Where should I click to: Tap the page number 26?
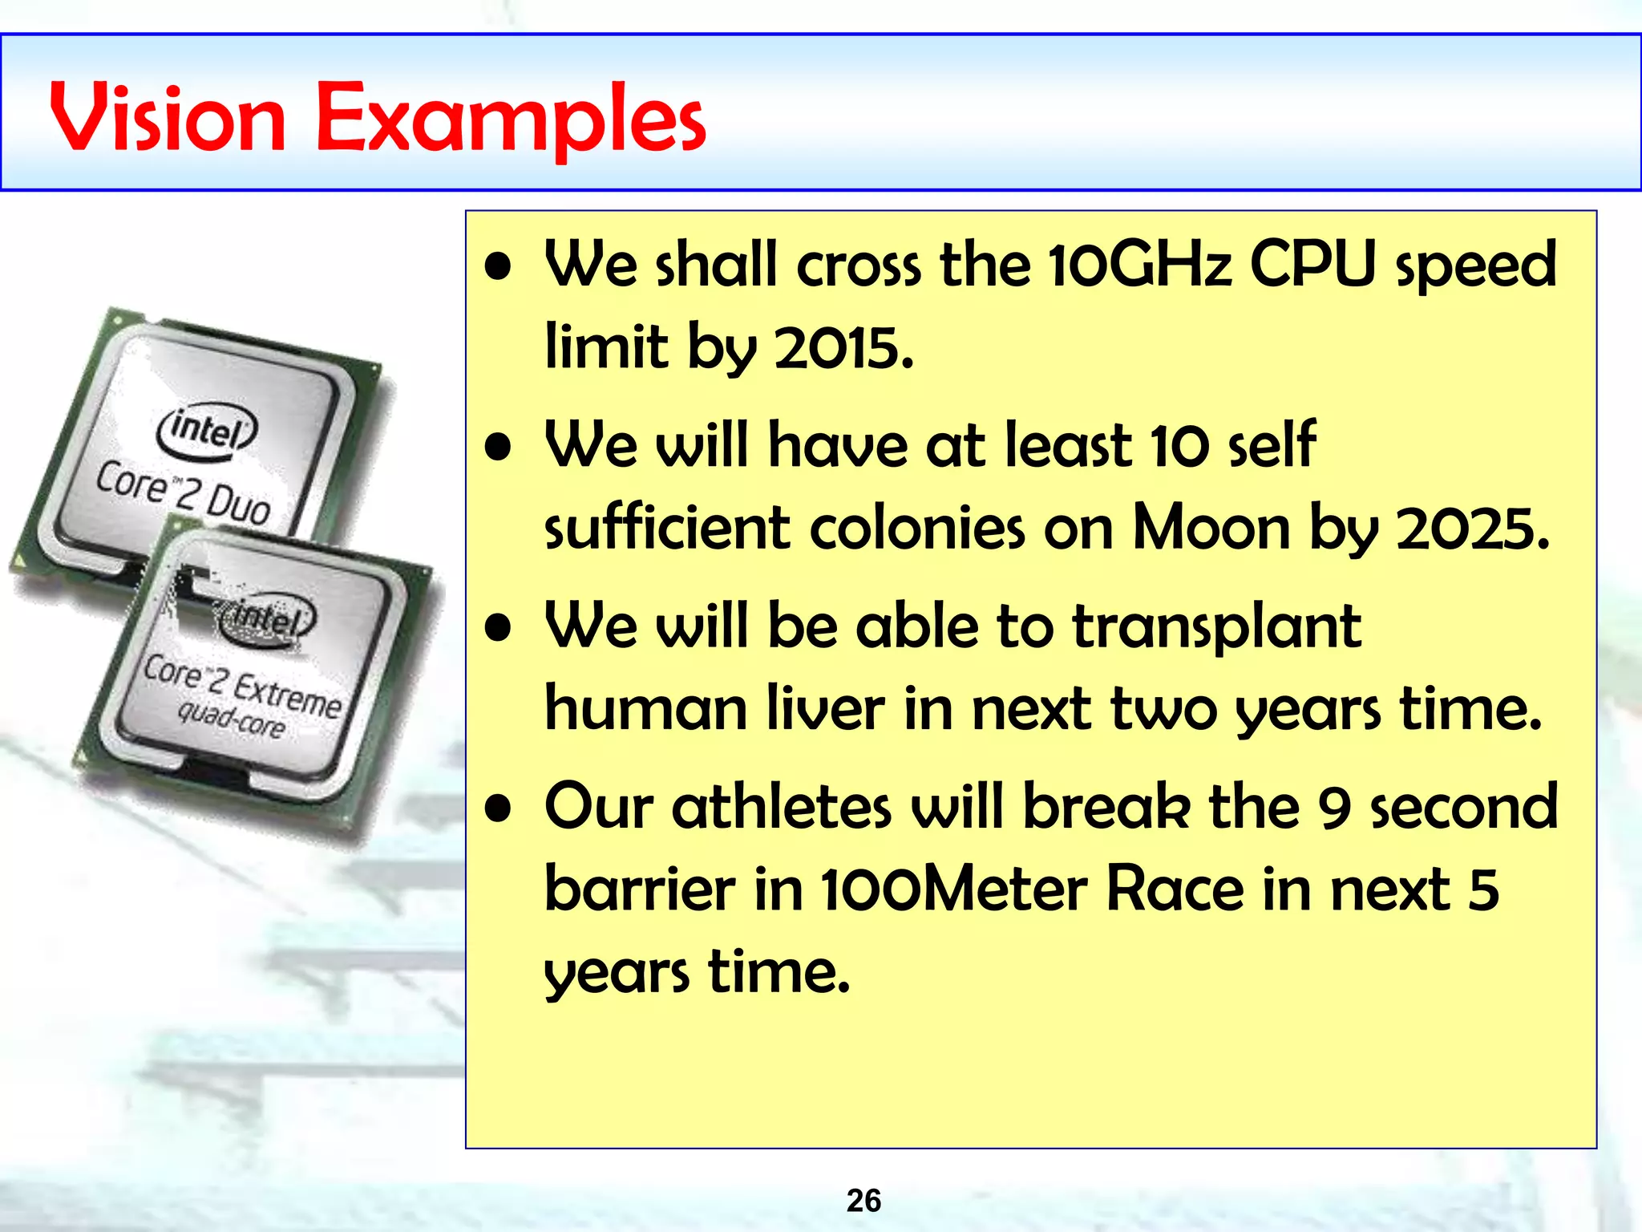pyautogui.click(x=863, y=1201)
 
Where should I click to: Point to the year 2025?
pyautogui.click(x=1472, y=529)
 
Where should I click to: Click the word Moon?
pyautogui.click(x=1211, y=529)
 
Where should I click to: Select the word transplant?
pyautogui.click(x=1216, y=627)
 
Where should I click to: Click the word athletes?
pyautogui.click(x=781, y=807)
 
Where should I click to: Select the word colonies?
pyautogui.click(x=916, y=529)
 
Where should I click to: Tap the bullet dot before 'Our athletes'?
pyautogui.click(x=498, y=808)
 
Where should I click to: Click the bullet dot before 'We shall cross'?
pyautogui.click(x=498, y=268)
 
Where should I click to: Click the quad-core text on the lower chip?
pyautogui.click(x=231, y=719)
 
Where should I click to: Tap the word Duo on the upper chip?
pyautogui.click(x=238, y=507)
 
